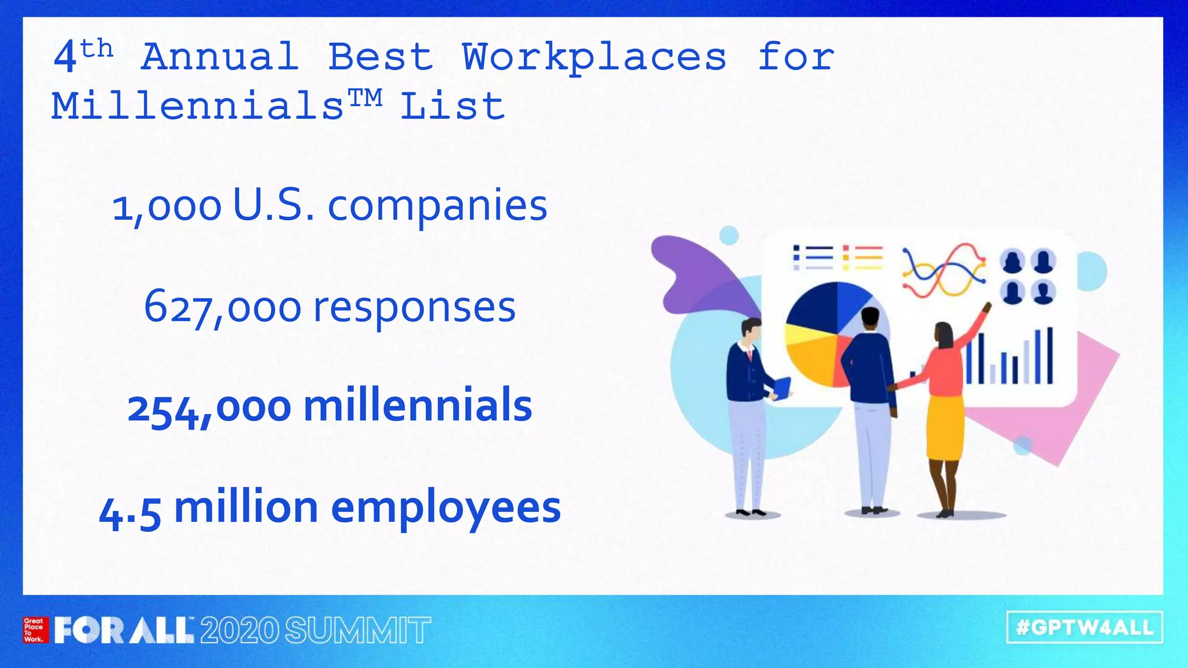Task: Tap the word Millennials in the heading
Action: pyautogui.click(x=197, y=107)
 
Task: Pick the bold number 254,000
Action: pyautogui.click(x=209, y=408)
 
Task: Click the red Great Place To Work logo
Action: pyautogui.click(x=34, y=630)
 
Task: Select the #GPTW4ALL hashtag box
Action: pyautogui.click(x=1085, y=627)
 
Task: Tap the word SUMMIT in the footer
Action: pyautogui.click(x=358, y=631)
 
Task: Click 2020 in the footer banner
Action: pyautogui.click(x=240, y=631)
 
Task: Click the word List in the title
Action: pyautogui.click(x=452, y=107)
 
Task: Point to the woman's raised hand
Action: pyautogui.click(x=987, y=307)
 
